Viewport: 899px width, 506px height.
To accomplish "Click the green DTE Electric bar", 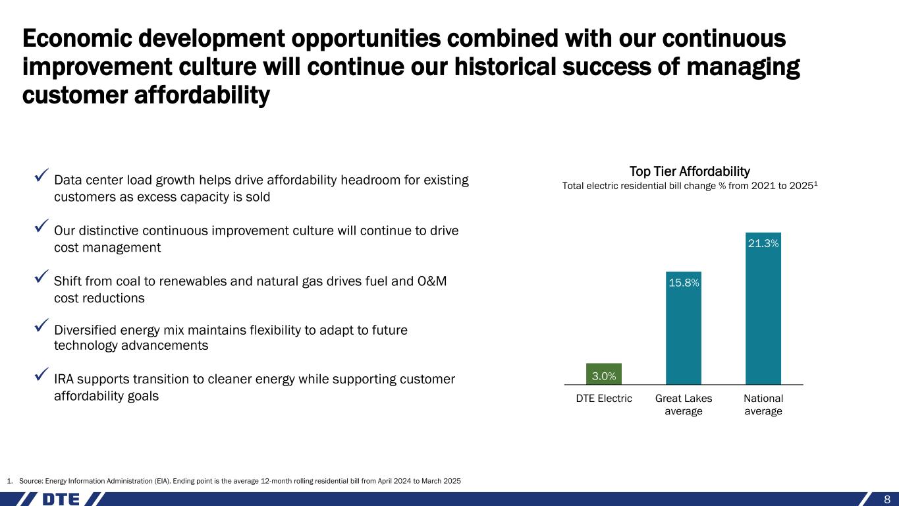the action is click(x=603, y=374).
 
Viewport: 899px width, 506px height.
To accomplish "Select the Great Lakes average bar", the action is click(x=684, y=328).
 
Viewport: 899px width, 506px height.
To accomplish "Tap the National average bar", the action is click(x=763, y=308).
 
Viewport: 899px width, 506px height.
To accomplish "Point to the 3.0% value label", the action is click(x=603, y=376).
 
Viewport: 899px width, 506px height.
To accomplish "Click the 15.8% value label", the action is click(x=684, y=283).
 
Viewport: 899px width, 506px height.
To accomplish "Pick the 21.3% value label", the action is click(x=763, y=243).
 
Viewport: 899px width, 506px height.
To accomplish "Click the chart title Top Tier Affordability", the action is click(x=690, y=171).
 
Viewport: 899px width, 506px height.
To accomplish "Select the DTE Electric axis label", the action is click(x=603, y=399).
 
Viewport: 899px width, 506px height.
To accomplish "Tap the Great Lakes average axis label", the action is click(x=684, y=405).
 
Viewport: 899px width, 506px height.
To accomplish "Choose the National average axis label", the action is click(x=763, y=405).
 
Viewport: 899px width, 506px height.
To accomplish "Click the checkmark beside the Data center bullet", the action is click(x=41, y=175).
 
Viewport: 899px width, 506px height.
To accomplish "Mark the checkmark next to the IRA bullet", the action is click(x=41, y=374).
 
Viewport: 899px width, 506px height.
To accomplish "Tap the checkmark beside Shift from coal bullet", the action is click(x=41, y=276).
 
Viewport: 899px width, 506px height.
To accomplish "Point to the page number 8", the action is click(x=887, y=499).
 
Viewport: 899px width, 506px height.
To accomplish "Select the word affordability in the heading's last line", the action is click(x=202, y=96).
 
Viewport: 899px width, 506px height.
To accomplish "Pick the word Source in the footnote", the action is click(x=31, y=481).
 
